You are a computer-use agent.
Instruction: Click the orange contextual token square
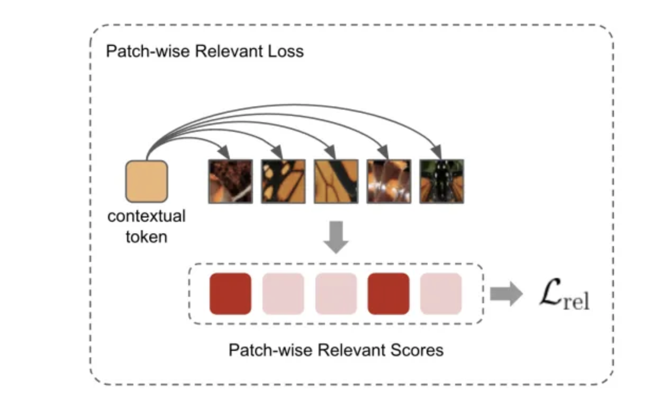click(x=146, y=182)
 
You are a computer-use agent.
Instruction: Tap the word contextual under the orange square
click(x=147, y=216)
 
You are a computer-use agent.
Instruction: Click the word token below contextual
click(x=147, y=236)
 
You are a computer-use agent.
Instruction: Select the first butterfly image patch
click(x=230, y=181)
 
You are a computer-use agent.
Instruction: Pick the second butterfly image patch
click(x=283, y=181)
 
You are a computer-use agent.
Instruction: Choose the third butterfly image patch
click(x=336, y=181)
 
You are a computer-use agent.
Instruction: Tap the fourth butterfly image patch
click(x=388, y=181)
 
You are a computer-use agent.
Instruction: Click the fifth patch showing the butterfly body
click(x=441, y=181)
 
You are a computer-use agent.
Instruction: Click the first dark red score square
click(x=230, y=294)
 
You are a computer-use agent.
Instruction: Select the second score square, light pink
click(x=283, y=294)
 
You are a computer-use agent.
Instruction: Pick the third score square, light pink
click(x=336, y=294)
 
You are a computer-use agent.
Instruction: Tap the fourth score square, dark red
click(x=388, y=294)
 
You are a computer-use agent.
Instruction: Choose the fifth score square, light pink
click(x=441, y=294)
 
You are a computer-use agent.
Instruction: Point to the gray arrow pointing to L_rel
click(x=505, y=294)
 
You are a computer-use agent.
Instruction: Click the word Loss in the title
click(x=286, y=51)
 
